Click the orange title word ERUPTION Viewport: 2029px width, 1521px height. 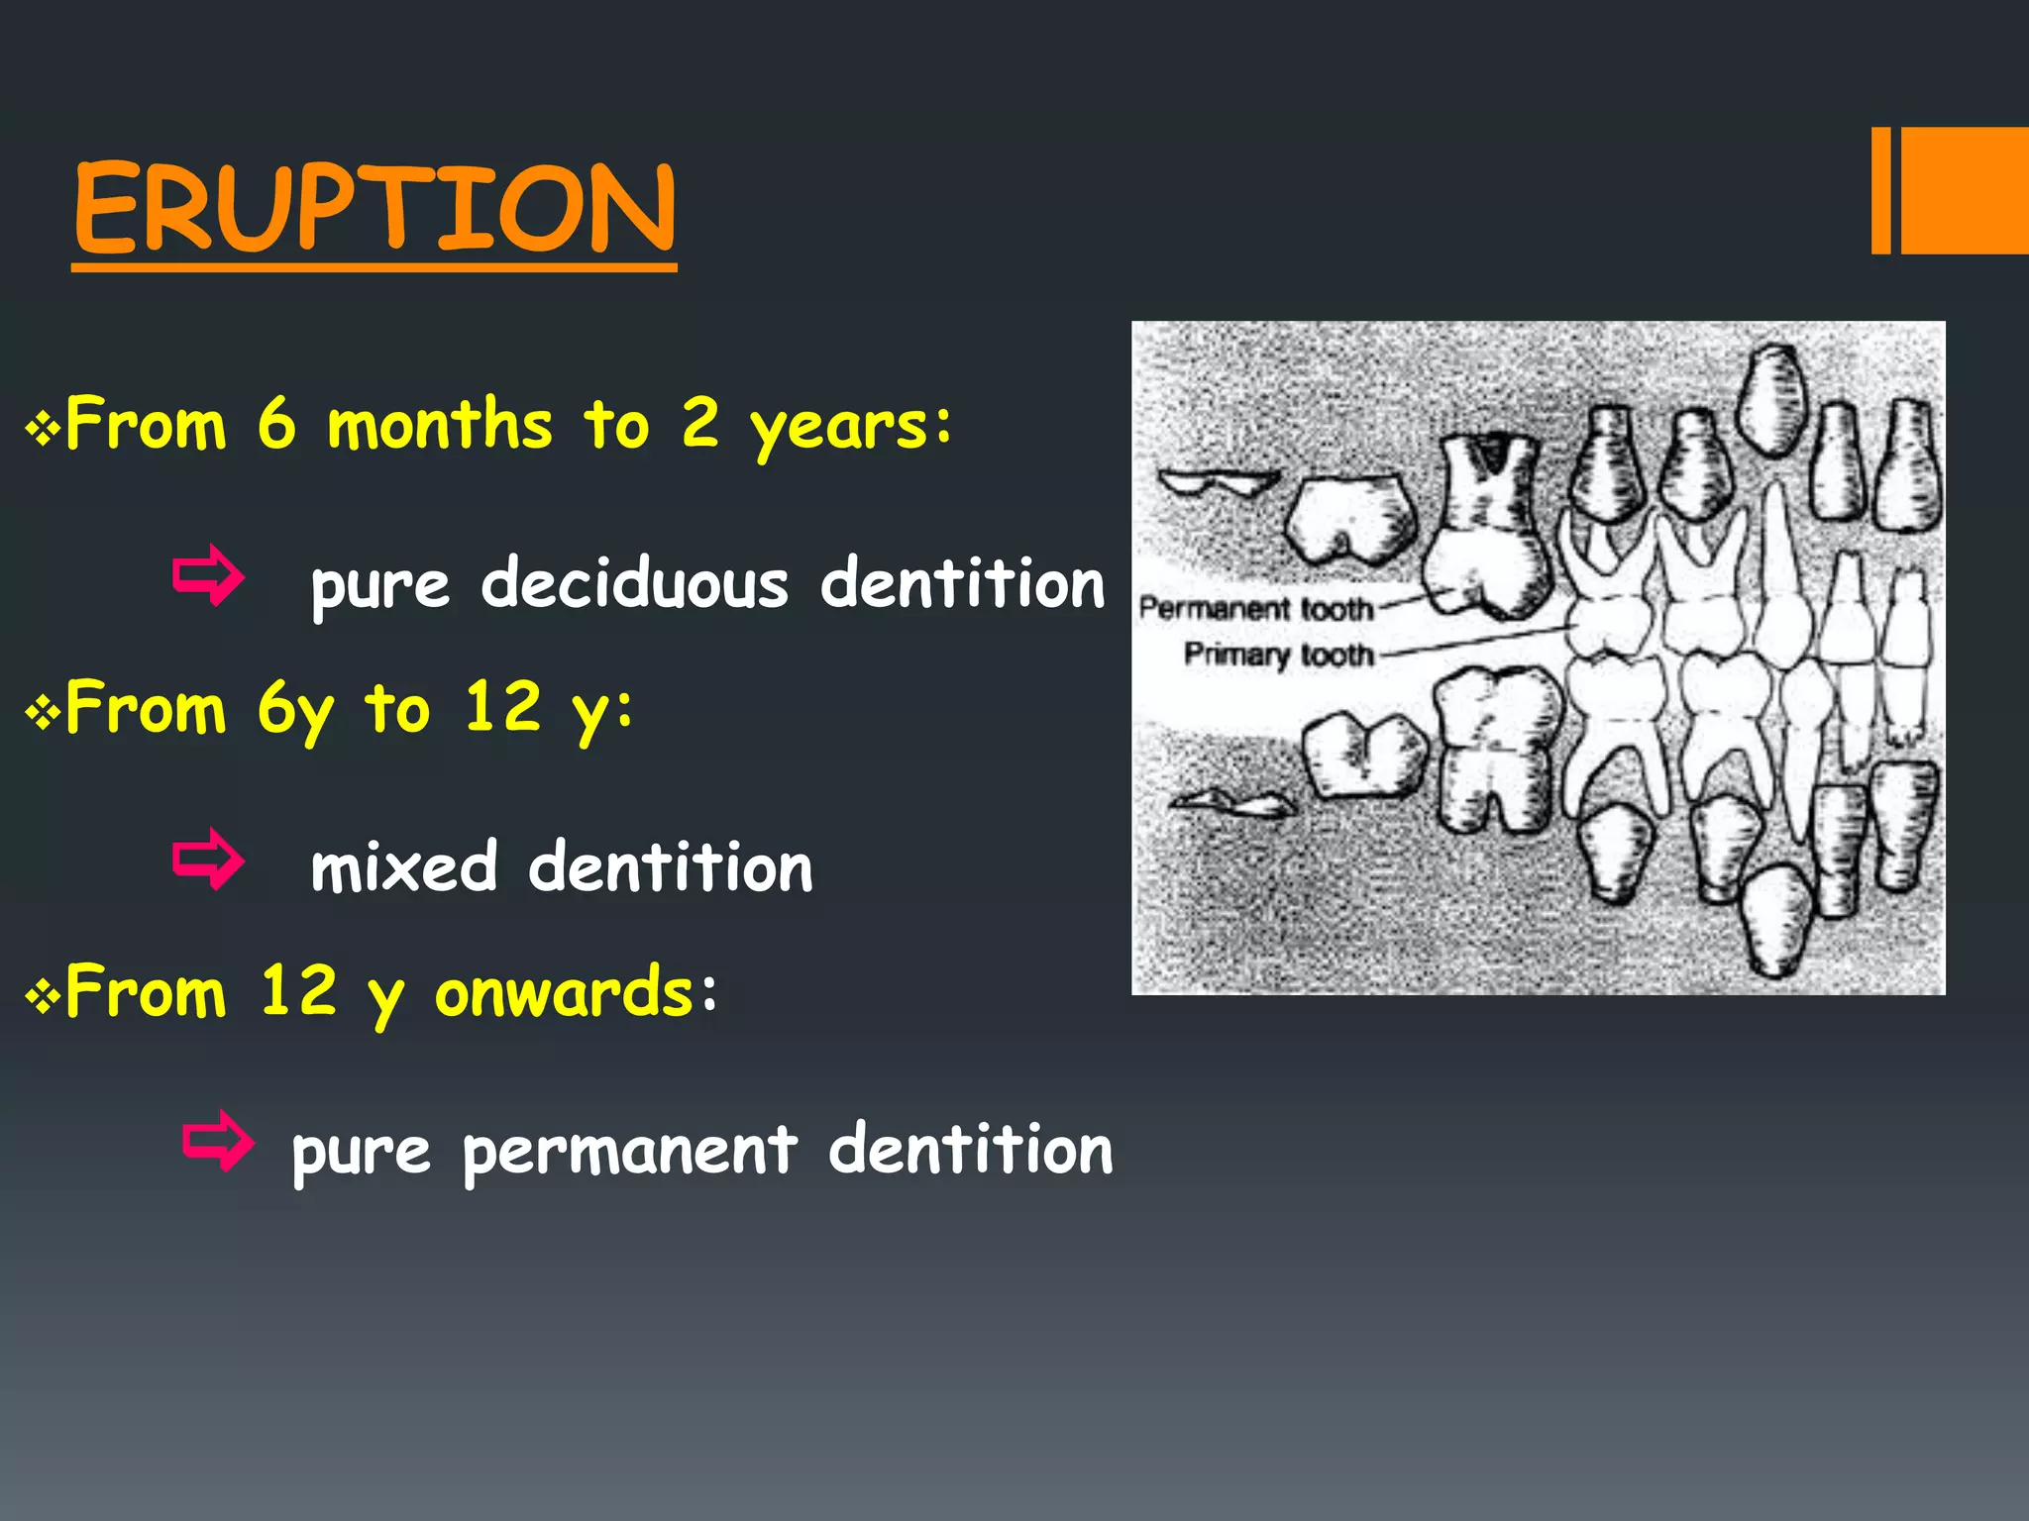(374, 208)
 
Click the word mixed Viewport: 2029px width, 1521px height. (403, 867)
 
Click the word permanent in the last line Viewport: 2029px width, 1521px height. (630, 1151)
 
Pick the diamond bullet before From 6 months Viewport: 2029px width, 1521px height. (43, 429)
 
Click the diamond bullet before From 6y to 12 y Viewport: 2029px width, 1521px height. (43, 712)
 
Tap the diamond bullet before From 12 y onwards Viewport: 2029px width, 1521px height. (43, 995)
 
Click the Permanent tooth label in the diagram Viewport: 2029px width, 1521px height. (1256, 608)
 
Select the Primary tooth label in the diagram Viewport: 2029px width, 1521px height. (1278, 654)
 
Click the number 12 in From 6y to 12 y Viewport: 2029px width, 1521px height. (503, 707)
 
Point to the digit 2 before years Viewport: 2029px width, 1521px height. (700, 423)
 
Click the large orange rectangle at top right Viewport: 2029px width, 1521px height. (1965, 190)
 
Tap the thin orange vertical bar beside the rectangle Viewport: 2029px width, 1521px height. (1880, 190)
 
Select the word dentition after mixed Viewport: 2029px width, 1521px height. (670, 867)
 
